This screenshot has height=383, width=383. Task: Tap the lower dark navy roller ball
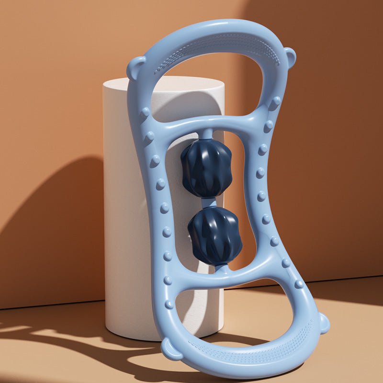[214, 236]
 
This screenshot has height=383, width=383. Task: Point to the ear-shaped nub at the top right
[290, 56]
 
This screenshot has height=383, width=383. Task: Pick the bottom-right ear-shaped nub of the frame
[324, 323]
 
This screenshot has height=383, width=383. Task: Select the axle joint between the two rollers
[209, 203]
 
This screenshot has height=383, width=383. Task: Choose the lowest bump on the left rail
[169, 304]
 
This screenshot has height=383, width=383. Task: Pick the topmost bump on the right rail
[276, 101]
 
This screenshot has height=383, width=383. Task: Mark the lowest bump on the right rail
[299, 283]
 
